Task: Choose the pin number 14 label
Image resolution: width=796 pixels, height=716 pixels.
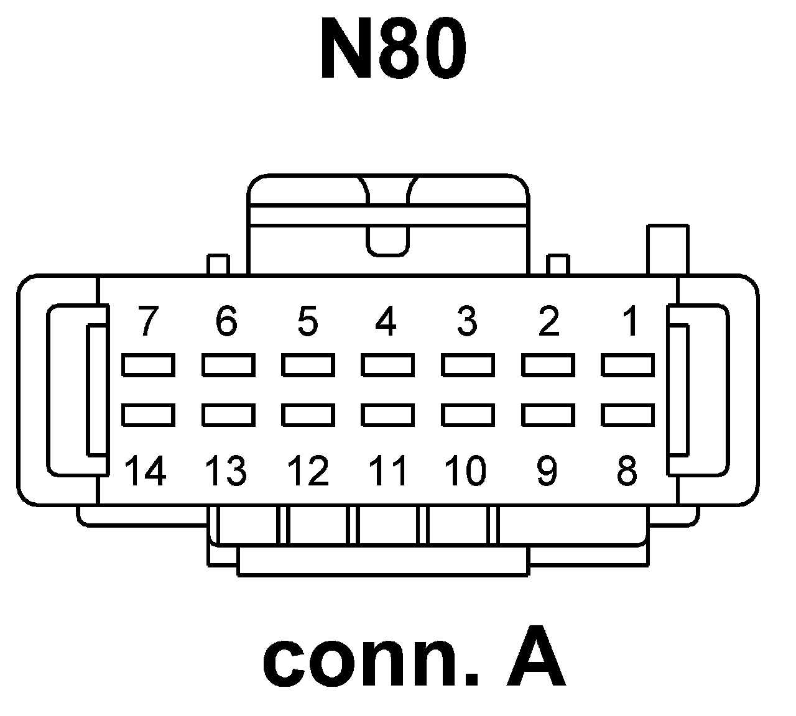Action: (x=146, y=470)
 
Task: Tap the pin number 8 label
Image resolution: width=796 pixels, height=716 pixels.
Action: (x=627, y=470)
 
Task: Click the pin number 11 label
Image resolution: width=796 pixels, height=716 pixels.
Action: (x=387, y=470)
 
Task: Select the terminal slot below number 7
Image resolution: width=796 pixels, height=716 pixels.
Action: (x=147, y=365)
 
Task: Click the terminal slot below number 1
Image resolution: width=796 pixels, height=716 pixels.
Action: (x=627, y=365)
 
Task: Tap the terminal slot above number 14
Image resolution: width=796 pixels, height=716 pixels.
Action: (x=147, y=415)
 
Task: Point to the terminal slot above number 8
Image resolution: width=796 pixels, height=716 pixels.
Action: (x=627, y=415)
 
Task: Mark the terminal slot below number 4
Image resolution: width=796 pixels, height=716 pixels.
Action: (x=388, y=365)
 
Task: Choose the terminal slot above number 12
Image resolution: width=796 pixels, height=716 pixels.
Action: (x=308, y=415)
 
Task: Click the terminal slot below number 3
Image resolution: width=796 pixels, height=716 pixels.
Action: (x=468, y=365)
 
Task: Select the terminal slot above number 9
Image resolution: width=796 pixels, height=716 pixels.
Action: (x=547, y=415)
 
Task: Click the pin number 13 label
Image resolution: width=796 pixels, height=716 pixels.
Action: (x=226, y=470)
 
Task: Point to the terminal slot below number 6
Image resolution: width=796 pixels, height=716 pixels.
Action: (x=228, y=365)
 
